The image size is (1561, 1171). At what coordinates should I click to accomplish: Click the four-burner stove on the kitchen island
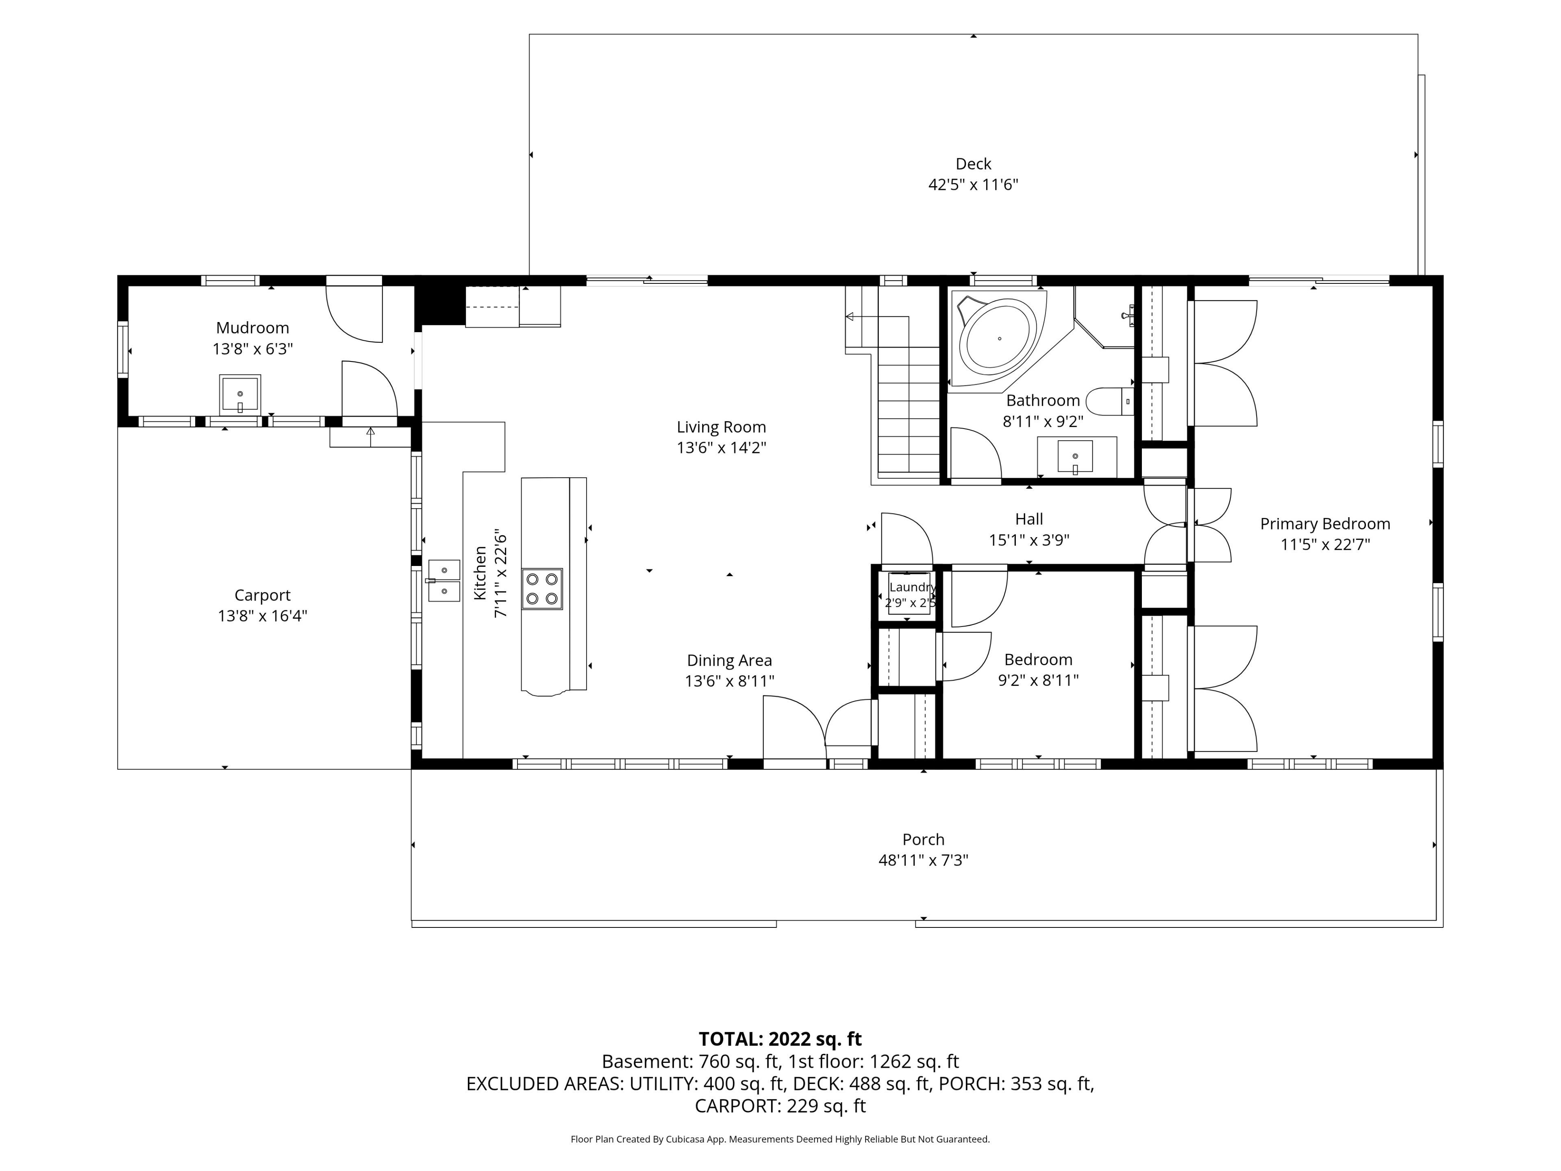tap(542, 589)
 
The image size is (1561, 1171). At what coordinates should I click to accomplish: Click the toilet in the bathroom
tap(1109, 401)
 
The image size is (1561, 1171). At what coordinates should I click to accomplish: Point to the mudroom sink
tap(240, 394)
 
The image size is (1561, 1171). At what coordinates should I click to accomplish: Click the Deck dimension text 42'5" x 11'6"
tap(973, 185)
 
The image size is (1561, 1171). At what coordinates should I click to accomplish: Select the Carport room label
tap(263, 595)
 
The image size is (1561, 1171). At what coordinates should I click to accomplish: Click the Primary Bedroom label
tap(1325, 524)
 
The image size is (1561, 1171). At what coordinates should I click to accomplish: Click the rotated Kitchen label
tap(480, 573)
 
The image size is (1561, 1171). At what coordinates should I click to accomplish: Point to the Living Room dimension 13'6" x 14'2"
tap(721, 448)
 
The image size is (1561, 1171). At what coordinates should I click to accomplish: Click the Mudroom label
tap(252, 327)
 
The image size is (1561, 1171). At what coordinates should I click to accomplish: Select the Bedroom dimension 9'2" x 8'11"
tap(1038, 680)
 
